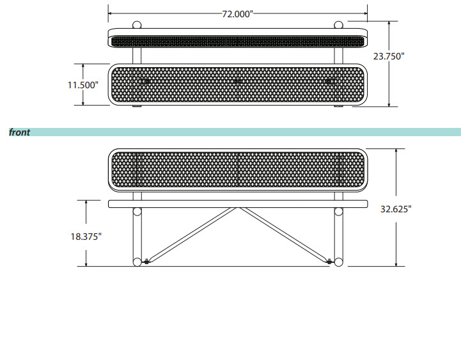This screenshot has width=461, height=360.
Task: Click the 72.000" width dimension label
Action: pos(237,14)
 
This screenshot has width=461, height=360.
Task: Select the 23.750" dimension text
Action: pos(389,56)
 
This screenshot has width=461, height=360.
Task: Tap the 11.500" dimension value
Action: pos(83,85)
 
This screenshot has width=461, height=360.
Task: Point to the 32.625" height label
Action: pos(396,209)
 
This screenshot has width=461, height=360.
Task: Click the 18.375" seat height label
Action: pos(86,237)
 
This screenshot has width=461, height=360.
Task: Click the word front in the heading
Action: pos(19,132)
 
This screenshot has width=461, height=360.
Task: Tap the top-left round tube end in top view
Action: pos(137,25)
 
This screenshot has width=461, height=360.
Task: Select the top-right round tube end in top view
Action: pos(338,25)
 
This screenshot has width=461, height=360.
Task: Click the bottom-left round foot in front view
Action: pos(137,262)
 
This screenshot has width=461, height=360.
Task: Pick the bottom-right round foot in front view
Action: pos(338,262)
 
